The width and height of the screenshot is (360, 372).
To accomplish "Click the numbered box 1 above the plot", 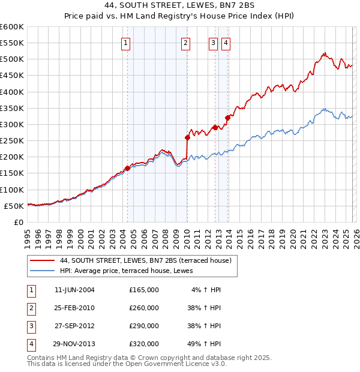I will [x=126, y=43].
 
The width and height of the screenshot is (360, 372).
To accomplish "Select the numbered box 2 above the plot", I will [x=186, y=43].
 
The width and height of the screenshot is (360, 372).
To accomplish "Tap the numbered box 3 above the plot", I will [x=213, y=43].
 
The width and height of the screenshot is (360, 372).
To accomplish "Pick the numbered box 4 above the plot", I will [x=226, y=43].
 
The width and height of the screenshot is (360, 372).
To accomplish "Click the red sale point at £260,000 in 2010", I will [x=187, y=137].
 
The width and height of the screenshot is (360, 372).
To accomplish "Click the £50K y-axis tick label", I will [x=14, y=206].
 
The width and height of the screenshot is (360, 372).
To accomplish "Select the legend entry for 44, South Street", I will [x=149, y=260].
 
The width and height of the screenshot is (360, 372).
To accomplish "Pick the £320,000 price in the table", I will [x=144, y=344].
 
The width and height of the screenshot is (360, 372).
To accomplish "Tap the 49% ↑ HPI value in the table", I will [x=206, y=344].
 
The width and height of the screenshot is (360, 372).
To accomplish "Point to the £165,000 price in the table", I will [x=144, y=290].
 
